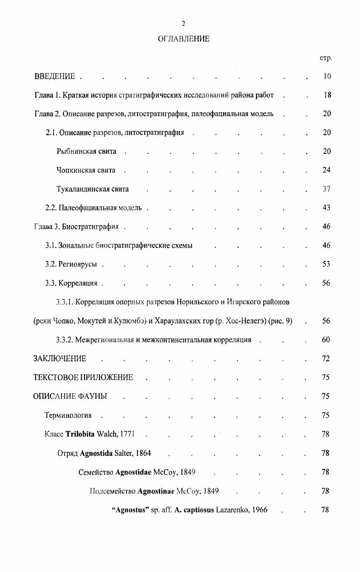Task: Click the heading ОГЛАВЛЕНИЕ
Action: click(184, 39)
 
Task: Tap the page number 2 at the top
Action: click(184, 24)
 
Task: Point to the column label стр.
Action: click(326, 58)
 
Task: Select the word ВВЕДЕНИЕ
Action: click(55, 76)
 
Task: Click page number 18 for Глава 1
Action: click(327, 95)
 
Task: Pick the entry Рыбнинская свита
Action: click(86, 151)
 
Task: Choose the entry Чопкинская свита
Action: click(86, 170)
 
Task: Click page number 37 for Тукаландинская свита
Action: click(327, 189)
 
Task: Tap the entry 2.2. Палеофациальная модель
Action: click(94, 208)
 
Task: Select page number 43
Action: click(327, 208)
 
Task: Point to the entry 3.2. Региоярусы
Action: click(71, 265)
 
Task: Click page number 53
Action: click(327, 265)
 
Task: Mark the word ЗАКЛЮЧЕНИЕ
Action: click(60, 359)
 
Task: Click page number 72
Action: click(326, 359)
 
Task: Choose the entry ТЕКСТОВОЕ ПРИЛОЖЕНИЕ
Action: click(83, 378)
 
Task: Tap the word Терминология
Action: click(68, 415)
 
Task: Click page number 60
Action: click(326, 340)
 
